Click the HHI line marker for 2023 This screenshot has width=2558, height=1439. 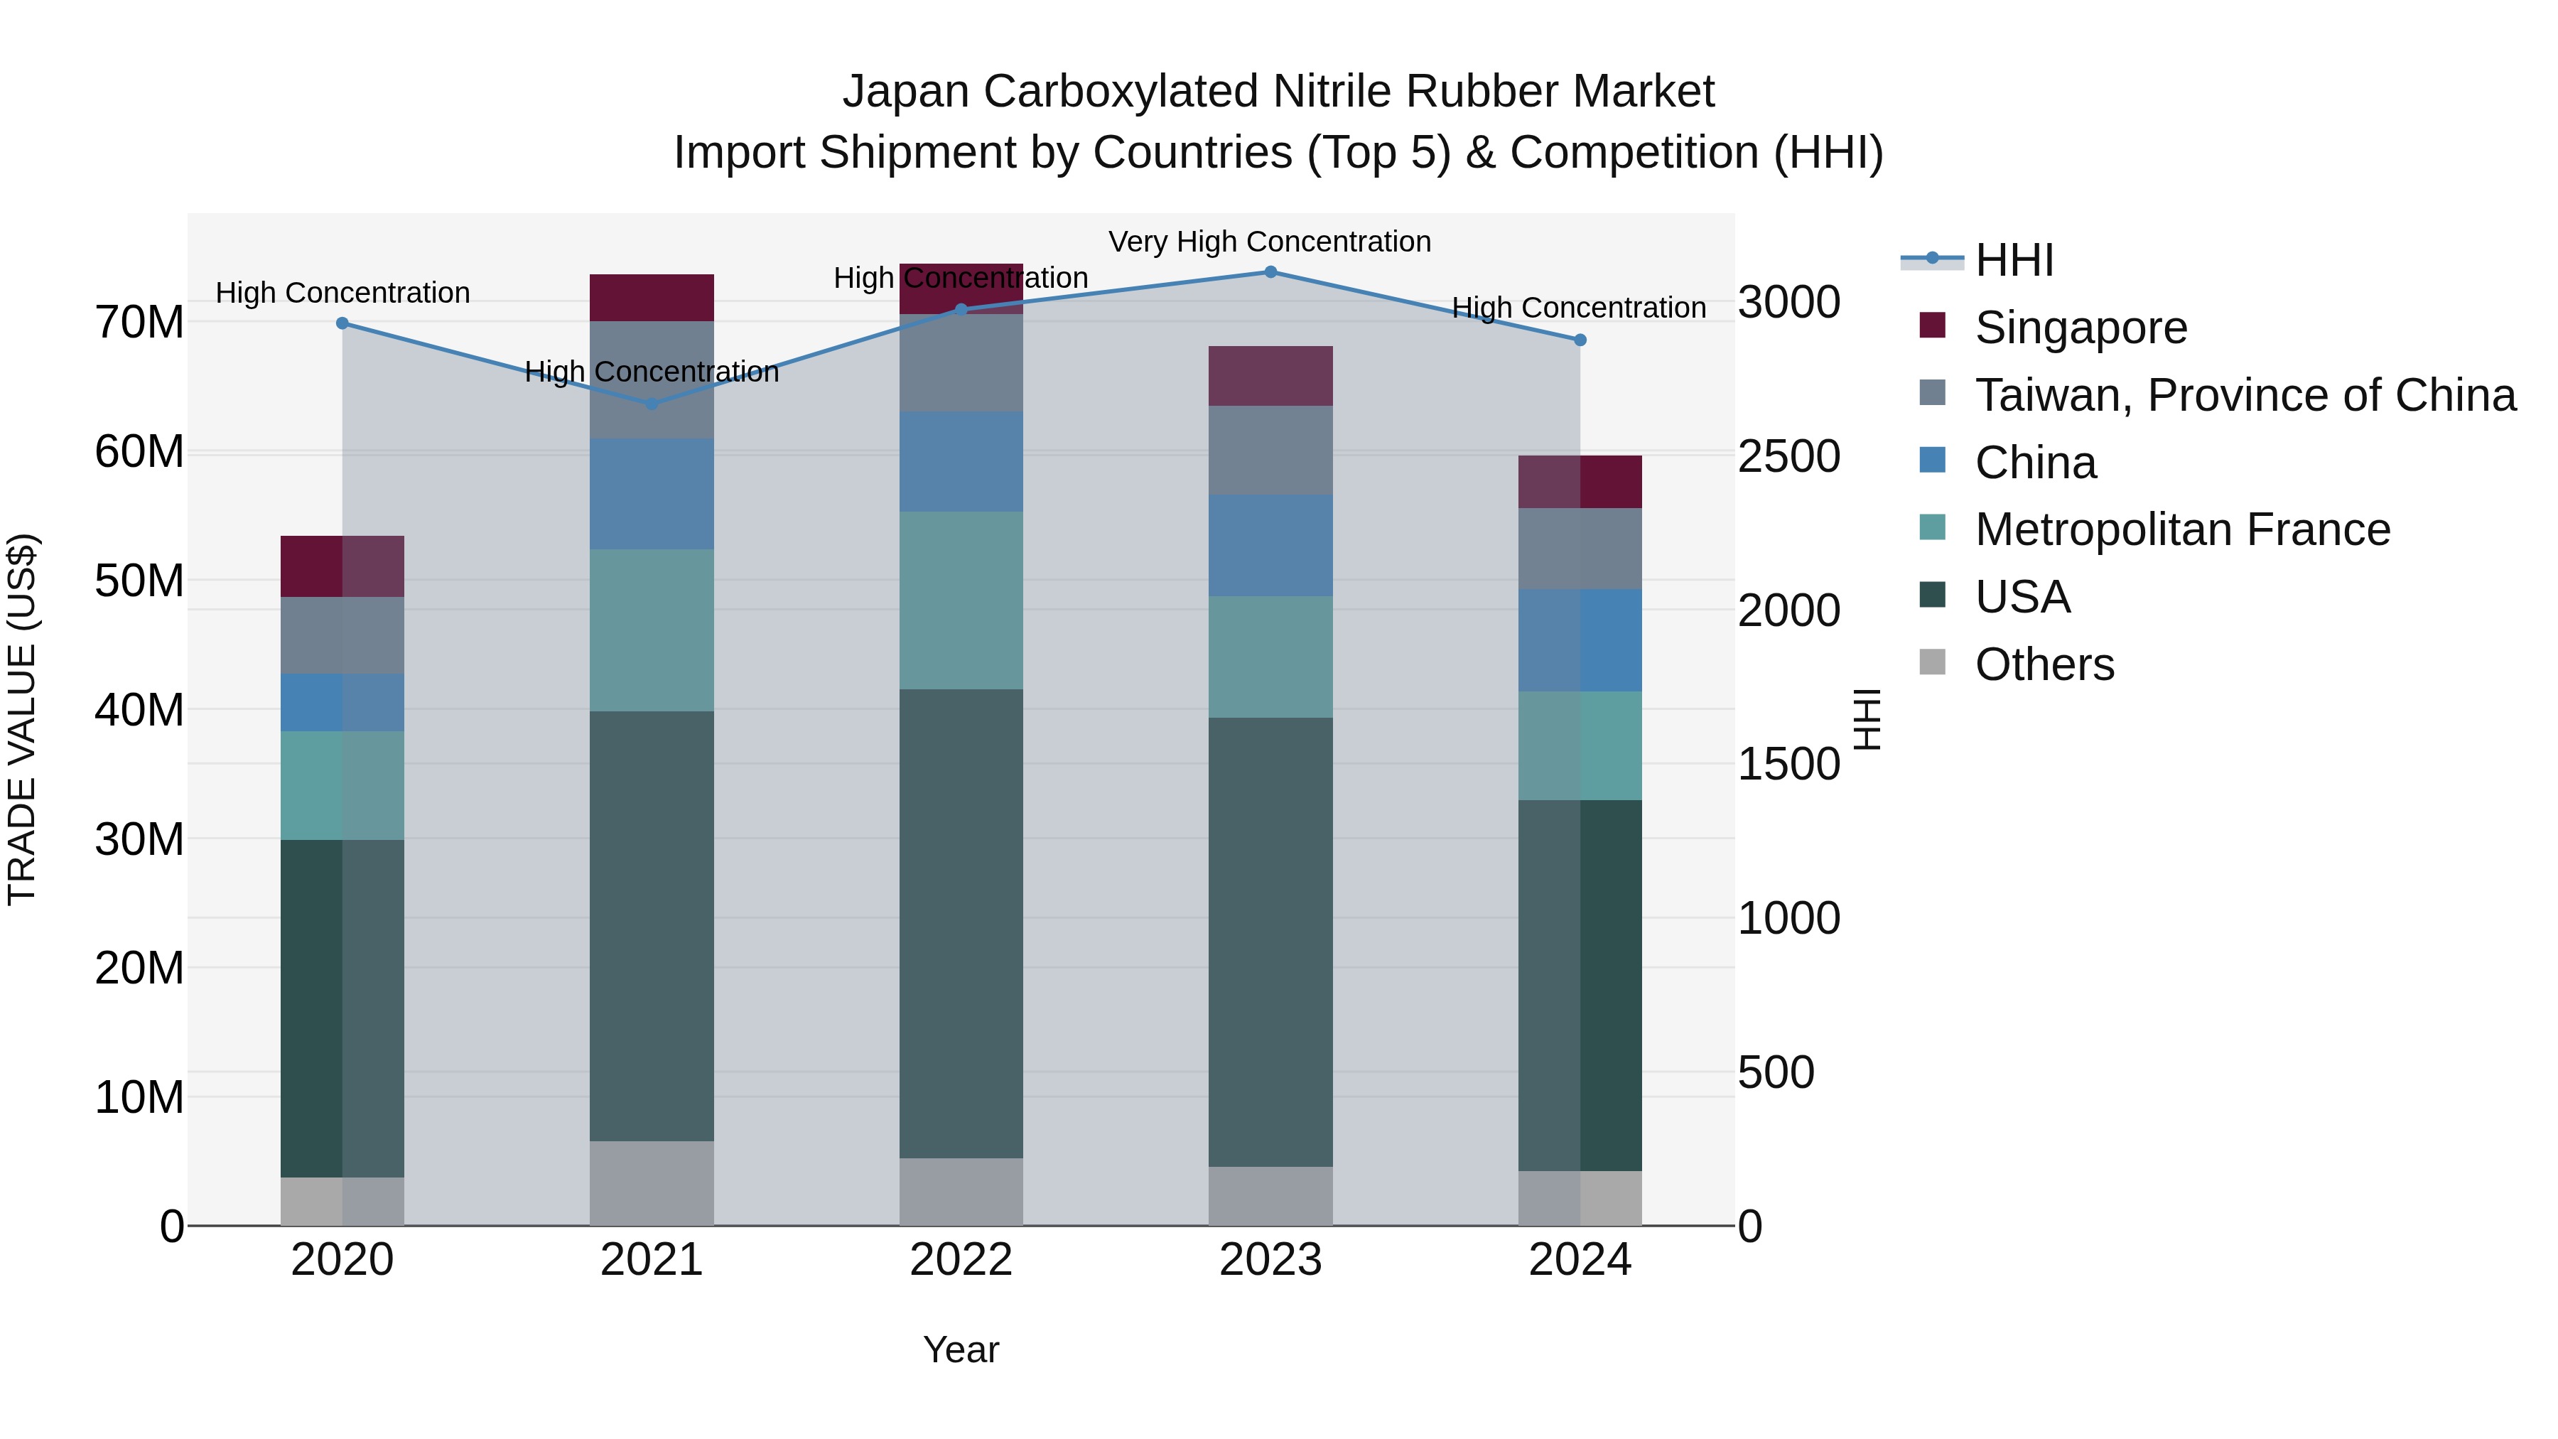click(x=1270, y=272)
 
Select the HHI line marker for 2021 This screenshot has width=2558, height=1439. click(x=652, y=404)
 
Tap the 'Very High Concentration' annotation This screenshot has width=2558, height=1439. click(x=1269, y=242)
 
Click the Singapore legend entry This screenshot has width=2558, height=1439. click(x=2081, y=328)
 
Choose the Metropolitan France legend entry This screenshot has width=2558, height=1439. click(x=2181, y=529)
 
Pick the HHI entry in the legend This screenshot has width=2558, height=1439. click(x=2014, y=260)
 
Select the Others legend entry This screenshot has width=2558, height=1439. click(x=2044, y=664)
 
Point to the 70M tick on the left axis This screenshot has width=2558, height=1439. click(x=139, y=323)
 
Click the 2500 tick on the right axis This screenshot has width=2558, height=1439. click(x=1788, y=457)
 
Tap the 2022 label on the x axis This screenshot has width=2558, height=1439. click(x=960, y=1260)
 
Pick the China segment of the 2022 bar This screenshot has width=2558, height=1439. click(x=960, y=462)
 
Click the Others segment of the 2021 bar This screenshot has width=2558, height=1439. click(x=652, y=1182)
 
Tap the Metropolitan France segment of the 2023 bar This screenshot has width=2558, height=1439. click(x=1270, y=657)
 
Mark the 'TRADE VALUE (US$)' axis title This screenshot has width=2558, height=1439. click(x=22, y=719)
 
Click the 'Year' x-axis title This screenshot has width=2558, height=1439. click(x=960, y=1349)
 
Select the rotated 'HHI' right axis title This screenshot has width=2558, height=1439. click(x=1867, y=719)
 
